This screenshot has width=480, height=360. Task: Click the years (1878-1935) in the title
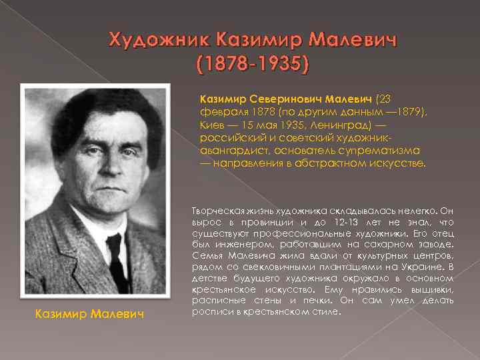click(253, 65)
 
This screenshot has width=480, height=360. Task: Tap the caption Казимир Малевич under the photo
click(89, 313)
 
